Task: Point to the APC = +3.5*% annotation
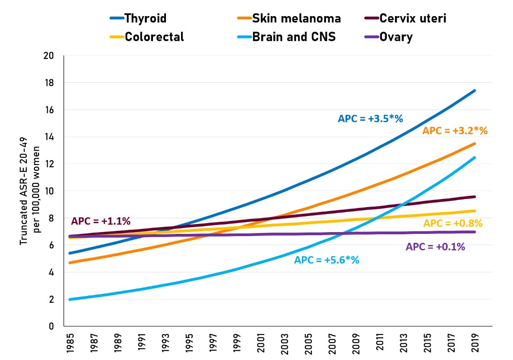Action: [370, 119]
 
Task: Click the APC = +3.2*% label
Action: [455, 131]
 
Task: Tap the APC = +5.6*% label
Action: [326, 260]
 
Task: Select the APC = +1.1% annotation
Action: [101, 221]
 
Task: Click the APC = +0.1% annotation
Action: [435, 246]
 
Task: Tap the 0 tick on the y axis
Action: [51, 326]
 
